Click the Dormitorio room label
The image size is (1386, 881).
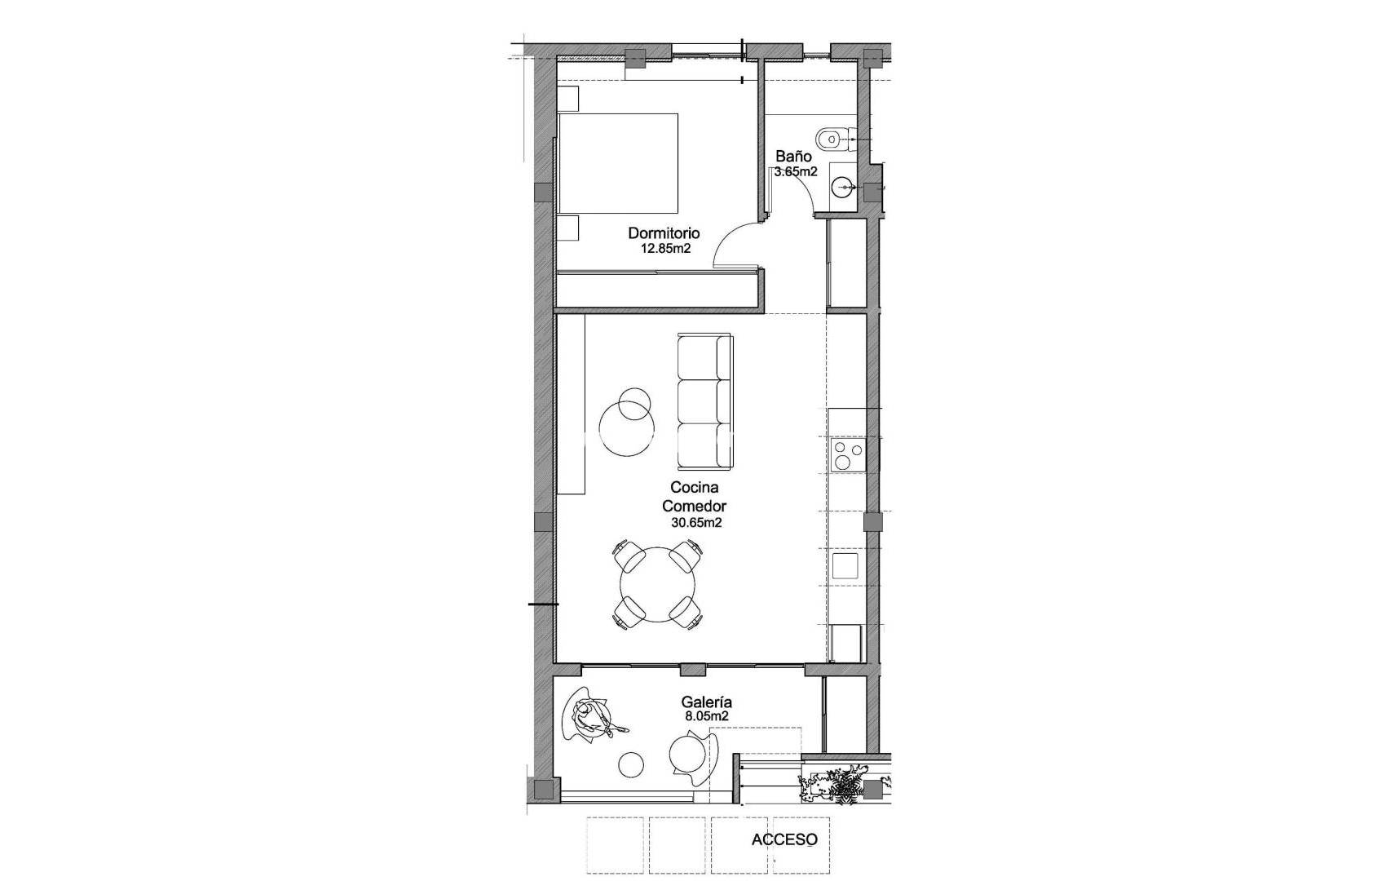664,233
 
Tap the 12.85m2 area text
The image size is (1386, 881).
665,249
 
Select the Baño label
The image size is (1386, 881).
793,156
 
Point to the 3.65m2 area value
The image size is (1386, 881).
796,172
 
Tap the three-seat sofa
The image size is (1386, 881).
705,401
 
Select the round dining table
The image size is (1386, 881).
657,585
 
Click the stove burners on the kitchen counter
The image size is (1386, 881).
847,455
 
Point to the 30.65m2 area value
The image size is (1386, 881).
696,523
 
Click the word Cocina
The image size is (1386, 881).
694,488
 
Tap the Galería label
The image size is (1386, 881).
706,702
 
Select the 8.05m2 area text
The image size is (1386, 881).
706,716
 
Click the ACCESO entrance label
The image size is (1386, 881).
784,839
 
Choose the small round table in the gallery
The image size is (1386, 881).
631,764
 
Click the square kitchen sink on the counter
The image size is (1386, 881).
845,565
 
